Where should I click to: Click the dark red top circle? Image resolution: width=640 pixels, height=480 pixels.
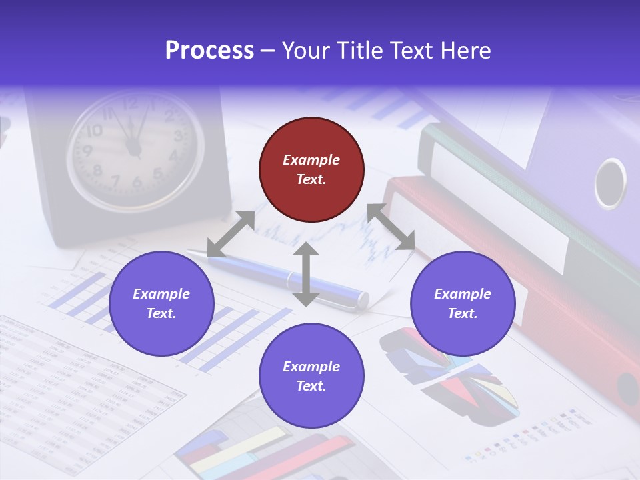click(x=311, y=170)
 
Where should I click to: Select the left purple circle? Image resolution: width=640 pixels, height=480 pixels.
click(x=161, y=303)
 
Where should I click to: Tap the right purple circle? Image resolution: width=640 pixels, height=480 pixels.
click(x=463, y=303)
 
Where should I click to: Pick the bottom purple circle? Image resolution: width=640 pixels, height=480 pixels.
click(x=311, y=376)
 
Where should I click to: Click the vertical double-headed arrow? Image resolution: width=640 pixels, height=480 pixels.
click(x=306, y=274)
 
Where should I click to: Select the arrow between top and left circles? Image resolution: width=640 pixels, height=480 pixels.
click(x=231, y=234)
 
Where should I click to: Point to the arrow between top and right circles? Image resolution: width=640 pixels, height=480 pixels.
click(x=391, y=227)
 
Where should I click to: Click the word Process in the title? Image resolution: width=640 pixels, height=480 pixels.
click(x=209, y=50)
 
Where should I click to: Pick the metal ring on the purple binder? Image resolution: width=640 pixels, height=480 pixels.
click(x=610, y=183)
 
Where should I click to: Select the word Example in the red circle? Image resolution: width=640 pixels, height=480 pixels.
click(x=311, y=160)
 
